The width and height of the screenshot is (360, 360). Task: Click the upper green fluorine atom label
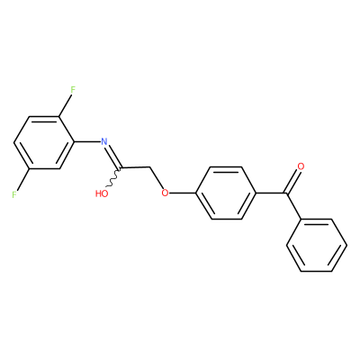point(73,89)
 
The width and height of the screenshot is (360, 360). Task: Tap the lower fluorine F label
point(14,194)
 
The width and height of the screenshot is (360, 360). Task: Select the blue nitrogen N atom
point(104,141)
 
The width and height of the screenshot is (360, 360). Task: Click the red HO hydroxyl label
point(102,193)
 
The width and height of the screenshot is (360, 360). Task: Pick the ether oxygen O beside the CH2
point(165,193)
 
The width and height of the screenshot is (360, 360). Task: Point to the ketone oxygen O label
point(301,166)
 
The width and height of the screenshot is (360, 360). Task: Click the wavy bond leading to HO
point(113,177)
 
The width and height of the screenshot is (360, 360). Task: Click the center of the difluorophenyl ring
point(44,142)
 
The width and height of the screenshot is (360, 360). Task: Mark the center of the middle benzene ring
point(226,193)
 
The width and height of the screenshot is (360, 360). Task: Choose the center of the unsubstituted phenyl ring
point(317,246)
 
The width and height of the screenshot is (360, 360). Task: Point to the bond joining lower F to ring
point(22,179)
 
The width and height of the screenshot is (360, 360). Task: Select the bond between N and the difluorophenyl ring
point(87,142)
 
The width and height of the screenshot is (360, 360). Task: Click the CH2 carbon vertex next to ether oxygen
point(150,166)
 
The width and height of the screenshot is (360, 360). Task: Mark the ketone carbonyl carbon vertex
point(286,193)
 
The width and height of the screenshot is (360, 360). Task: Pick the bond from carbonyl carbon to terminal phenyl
point(294,206)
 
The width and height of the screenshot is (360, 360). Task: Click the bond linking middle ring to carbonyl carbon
point(271,193)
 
